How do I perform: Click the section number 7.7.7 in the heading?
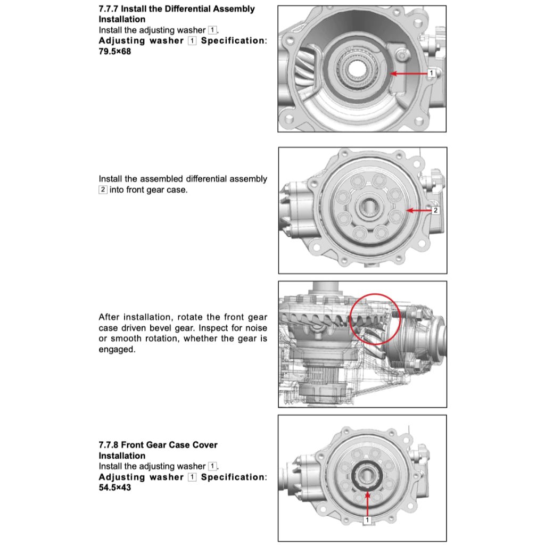tap(109, 9)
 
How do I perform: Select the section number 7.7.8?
tap(109, 445)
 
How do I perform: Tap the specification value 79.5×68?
tap(114, 52)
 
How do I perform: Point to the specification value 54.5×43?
tap(114, 488)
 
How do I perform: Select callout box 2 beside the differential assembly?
tap(435, 211)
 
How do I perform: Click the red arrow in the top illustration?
tap(410, 72)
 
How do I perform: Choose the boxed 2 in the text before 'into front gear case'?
tap(103, 190)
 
